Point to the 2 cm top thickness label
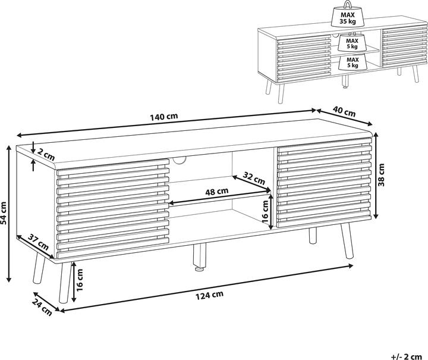pos(45,153)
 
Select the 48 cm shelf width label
pos(216,192)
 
